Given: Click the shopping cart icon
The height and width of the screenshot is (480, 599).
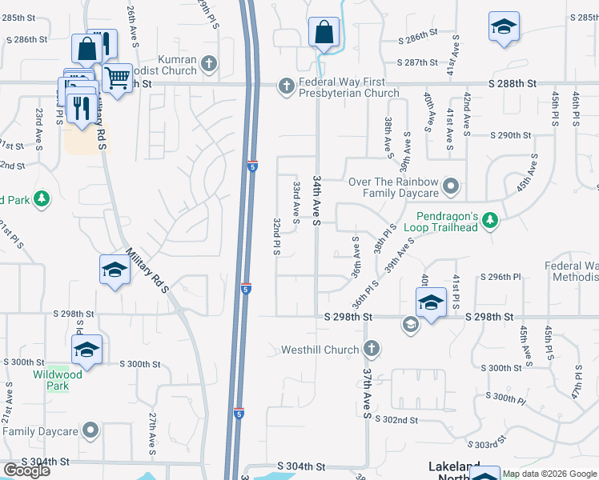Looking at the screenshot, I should [x=117, y=78].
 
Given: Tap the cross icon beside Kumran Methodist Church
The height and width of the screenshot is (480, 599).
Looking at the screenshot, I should [x=209, y=63].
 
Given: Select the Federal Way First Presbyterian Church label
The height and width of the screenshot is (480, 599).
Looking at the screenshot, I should [x=348, y=88].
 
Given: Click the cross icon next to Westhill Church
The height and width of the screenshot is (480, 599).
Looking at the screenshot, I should [x=370, y=349].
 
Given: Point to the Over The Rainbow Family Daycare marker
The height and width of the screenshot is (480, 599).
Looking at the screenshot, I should [x=450, y=187].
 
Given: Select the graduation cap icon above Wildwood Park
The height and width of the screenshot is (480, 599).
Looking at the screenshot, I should [x=86, y=350].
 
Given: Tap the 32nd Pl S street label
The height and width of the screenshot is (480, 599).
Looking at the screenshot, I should [x=275, y=236].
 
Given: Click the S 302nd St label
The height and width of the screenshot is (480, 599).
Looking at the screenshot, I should [x=396, y=419].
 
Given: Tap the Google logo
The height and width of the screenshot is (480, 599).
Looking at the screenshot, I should [x=26, y=470].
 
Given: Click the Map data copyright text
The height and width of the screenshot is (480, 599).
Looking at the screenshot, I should [x=549, y=474].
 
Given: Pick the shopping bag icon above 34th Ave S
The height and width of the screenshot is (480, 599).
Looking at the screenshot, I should [x=323, y=34].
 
